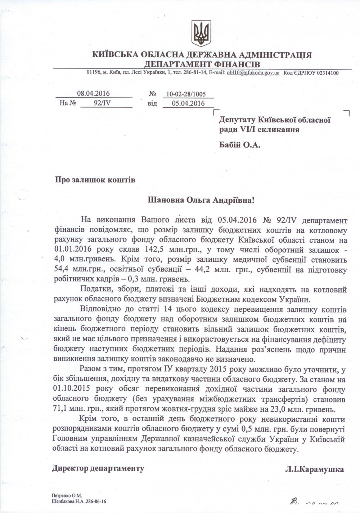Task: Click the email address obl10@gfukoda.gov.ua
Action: click(x=253, y=73)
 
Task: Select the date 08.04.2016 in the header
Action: click(x=94, y=94)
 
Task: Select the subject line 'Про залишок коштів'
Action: click(x=95, y=180)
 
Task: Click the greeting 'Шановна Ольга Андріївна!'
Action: click(x=201, y=200)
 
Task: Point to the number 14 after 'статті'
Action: click(x=168, y=309)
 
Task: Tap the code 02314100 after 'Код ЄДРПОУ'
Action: click(x=327, y=73)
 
